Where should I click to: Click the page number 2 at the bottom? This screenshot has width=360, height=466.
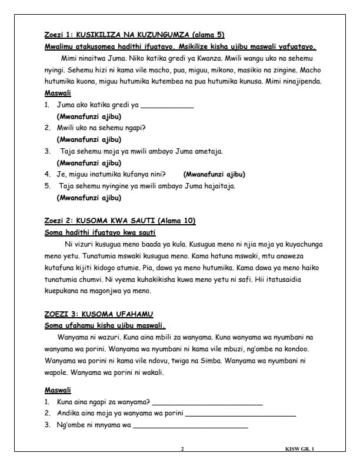[x=182, y=449]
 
